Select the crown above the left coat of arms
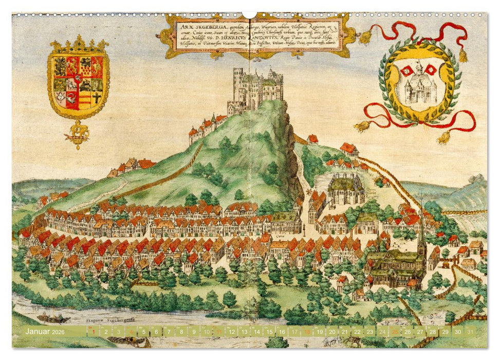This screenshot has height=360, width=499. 78,44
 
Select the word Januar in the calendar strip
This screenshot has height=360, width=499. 39,332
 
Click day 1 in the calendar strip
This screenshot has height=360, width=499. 93,332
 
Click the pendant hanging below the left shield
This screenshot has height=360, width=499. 77,135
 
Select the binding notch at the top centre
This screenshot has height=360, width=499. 249,14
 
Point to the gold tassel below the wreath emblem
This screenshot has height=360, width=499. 443,137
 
